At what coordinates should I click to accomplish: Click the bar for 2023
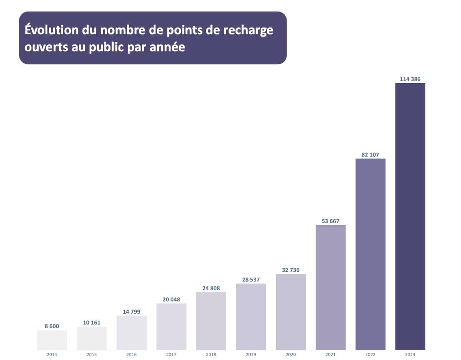coord(410,216)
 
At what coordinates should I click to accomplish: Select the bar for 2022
coord(370,254)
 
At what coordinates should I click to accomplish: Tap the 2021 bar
coord(330,287)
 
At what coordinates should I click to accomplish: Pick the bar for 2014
coord(52,340)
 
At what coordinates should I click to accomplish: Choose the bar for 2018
coord(211,321)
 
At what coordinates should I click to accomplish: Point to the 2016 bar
coord(132,333)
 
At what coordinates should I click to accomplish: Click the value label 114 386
coord(410,79)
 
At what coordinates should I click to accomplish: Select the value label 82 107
coord(370,155)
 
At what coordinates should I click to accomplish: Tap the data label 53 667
coord(330,221)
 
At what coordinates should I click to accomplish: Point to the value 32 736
coord(291,270)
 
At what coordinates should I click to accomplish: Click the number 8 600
coord(52,326)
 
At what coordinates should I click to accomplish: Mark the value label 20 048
coord(171,300)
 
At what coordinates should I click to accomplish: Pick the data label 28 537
coord(251,280)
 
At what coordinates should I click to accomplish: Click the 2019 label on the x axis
coord(251,354)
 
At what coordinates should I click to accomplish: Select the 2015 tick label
coord(92,354)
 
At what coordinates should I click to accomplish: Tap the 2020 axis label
coord(291,354)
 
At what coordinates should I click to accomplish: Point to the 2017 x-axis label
coord(171,354)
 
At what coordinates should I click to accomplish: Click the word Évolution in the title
coord(52,30)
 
